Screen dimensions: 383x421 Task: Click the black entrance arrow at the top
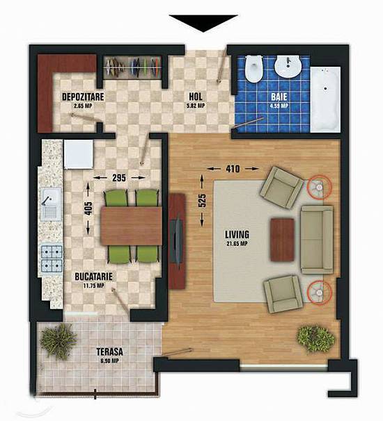[x=203, y=22]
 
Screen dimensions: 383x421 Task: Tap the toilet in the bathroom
[x=253, y=69]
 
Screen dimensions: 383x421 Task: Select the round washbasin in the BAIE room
[x=288, y=66]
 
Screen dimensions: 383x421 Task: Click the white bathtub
[x=325, y=99]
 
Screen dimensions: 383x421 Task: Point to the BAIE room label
[x=279, y=97]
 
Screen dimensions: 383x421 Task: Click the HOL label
[x=196, y=97]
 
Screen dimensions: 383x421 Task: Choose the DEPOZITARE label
[x=83, y=97]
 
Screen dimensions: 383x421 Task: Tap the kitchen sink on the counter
[x=51, y=204]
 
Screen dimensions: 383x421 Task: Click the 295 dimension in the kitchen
[x=119, y=177]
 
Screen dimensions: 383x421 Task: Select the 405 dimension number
[x=88, y=208]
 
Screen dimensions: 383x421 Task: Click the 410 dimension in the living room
[x=233, y=169]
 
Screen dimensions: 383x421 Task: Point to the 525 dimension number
[x=202, y=200]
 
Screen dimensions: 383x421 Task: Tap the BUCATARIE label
[x=94, y=276]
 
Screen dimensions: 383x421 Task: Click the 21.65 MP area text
[x=237, y=244]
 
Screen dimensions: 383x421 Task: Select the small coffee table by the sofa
[x=282, y=240]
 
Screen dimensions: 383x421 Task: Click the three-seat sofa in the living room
[x=317, y=240]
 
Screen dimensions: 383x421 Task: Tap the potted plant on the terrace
[x=58, y=342]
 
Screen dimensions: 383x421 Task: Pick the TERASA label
[x=110, y=352]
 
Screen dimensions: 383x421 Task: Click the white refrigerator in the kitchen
[x=78, y=154]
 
